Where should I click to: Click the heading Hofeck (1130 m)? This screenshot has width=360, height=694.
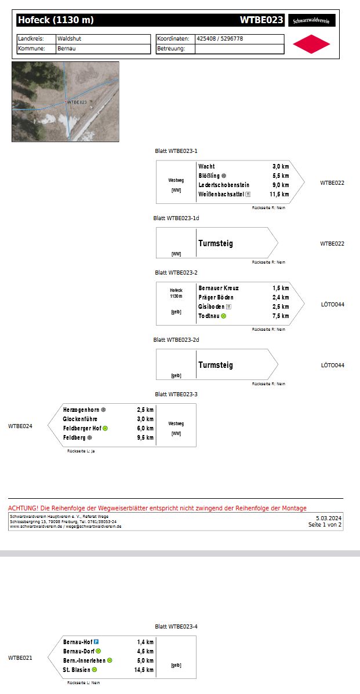[56, 20]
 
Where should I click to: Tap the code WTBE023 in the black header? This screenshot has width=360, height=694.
[261, 20]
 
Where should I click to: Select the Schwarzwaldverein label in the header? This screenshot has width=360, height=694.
[311, 20]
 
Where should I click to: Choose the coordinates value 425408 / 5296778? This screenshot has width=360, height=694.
[220, 39]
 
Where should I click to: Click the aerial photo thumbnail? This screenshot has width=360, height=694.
[66, 101]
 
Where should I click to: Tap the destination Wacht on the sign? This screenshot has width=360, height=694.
[206, 166]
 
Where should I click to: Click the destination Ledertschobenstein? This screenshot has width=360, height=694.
[224, 185]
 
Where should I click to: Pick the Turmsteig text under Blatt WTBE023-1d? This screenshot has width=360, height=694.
[216, 243]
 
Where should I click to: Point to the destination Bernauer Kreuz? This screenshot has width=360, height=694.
[219, 288]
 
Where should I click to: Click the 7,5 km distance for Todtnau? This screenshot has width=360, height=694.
[281, 316]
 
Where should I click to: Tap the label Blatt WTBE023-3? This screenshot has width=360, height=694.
[176, 395]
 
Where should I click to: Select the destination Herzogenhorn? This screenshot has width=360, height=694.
[82, 410]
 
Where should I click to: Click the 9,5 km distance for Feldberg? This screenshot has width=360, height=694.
[146, 437]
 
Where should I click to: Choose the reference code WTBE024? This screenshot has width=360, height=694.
[20, 426]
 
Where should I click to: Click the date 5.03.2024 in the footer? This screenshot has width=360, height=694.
[329, 518]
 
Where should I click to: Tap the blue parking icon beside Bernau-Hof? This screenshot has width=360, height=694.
[96, 642]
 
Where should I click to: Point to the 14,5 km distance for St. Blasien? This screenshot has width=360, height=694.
[144, 670]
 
